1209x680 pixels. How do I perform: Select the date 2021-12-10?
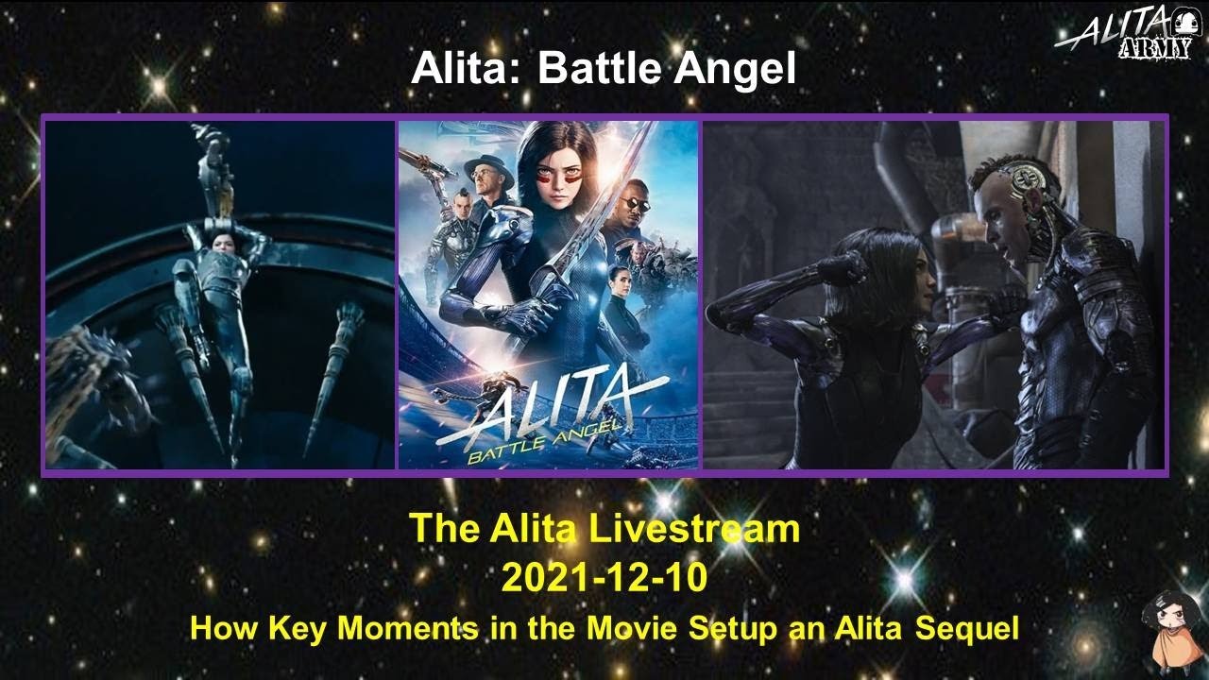(x=604, y=577)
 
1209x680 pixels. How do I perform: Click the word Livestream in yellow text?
(x=691, y=529)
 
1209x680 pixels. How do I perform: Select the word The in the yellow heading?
(x=445, y=529)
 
